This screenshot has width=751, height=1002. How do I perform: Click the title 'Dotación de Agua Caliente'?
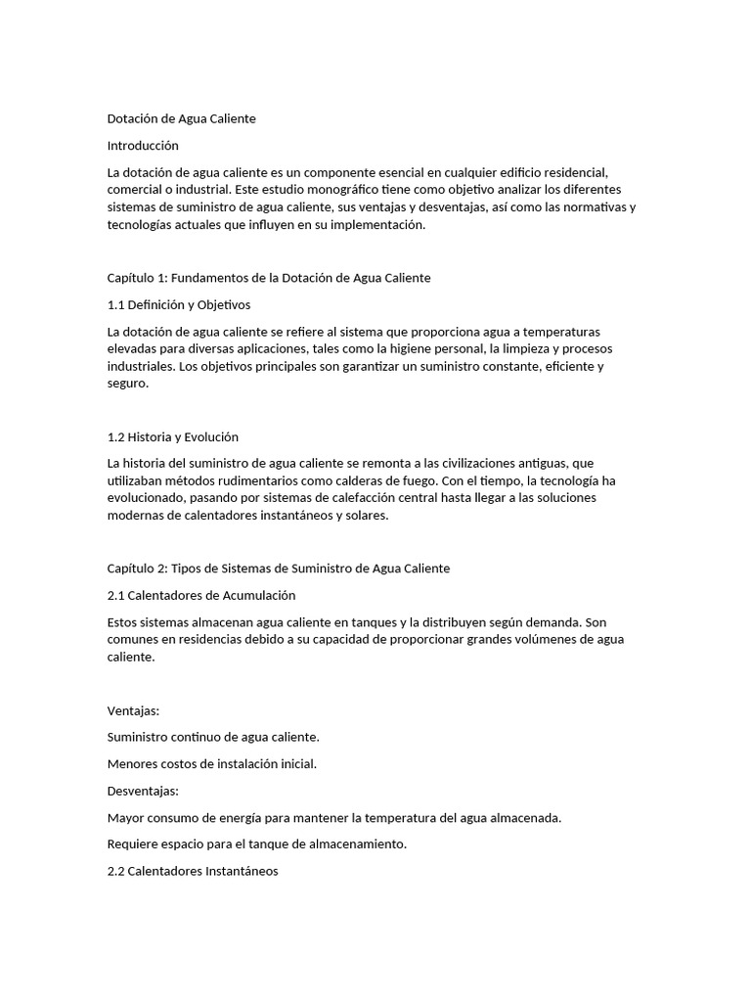pyautogui.click(x=181, y=118)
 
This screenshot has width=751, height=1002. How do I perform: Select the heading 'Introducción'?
pyautogui.click(x=143, y=145)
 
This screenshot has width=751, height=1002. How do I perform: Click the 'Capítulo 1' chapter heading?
pyautogui.click(x=268, y=278)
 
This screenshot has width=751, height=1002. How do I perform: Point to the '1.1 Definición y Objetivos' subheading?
pyautogui.click(x=178, y=304)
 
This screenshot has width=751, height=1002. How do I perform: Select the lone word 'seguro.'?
pyautogui.click(x=127, y=384)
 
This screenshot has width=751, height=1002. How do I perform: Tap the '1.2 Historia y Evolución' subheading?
pyautogui.click(x=172, y=436)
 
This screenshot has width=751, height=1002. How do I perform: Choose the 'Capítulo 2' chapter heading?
pyautogui.click(x=278, y=569)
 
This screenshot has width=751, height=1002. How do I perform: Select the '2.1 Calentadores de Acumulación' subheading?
pyautogui.click(x=200, y=595)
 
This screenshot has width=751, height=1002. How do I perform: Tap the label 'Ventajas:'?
pyautogui.click(x=133, y=710)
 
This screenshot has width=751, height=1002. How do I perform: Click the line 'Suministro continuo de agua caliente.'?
pyautogui.click(x=213, y=736)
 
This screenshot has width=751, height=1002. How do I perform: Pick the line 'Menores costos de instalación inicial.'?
pyautogui.click(x=211, y=763)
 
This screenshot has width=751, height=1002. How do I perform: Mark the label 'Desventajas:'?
pyautogui.click(x=143, y=790)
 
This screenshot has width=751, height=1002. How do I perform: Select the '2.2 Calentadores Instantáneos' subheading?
pyautogui.click(x=193, y=870)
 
